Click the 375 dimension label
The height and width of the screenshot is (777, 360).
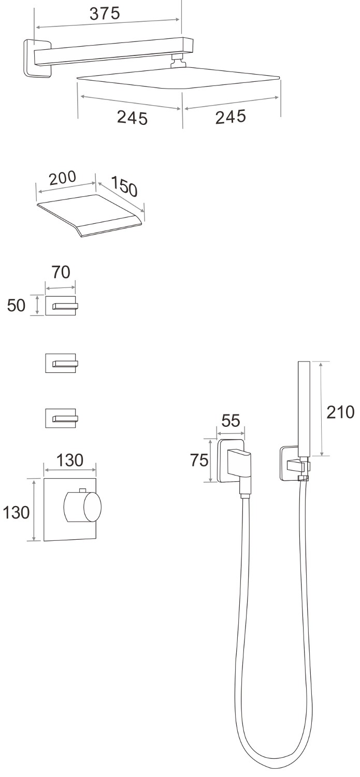(105, 13)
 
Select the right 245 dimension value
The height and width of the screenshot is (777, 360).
(231, 117)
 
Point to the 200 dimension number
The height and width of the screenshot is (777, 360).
(63, 178)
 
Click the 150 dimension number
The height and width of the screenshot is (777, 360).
(124, 186)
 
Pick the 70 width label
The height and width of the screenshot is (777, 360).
(61, 272)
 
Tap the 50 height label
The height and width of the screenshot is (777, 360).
(16, 305)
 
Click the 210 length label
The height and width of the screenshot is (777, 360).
(340, 412)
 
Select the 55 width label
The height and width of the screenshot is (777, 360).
(231, 421)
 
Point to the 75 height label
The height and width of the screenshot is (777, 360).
(199, 461)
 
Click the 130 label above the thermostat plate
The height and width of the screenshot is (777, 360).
(70, 461)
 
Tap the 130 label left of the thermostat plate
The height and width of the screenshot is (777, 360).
(16, 512)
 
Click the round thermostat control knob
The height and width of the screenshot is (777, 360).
(83, 507)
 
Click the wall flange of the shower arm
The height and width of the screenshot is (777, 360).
(37, 57)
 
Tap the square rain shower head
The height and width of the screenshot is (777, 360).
(179, 78)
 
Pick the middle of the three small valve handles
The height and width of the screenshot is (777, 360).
(62, 363)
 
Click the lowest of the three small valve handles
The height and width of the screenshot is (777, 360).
(62, 419)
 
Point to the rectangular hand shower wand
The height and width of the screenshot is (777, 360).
(304, 409)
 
